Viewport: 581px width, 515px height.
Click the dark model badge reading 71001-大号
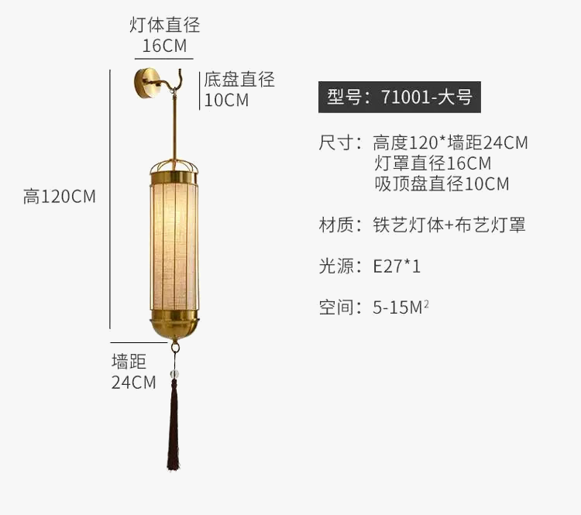(399, 98)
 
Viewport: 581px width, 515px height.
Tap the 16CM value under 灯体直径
(164, 46)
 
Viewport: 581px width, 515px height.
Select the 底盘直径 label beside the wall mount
(239, 79)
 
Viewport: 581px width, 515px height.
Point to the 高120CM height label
(60, 197)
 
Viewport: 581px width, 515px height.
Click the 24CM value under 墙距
(133, 382)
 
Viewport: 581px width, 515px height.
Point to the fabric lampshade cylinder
(174, 244)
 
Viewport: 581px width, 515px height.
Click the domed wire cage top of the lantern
(174, 165)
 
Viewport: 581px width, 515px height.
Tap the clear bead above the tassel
(174, 375)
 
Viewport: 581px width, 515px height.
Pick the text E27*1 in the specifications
(397, 266)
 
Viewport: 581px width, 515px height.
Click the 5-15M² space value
(401, 307)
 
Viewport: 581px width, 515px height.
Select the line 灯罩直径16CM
(432, 163)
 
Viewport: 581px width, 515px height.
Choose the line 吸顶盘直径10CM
(442, 184)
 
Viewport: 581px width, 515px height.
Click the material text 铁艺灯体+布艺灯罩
(449, 225)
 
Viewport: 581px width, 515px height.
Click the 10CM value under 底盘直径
(226, 100)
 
